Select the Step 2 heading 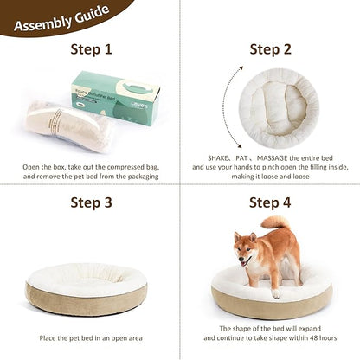tap(270, 49)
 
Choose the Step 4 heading tap(270, 203)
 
